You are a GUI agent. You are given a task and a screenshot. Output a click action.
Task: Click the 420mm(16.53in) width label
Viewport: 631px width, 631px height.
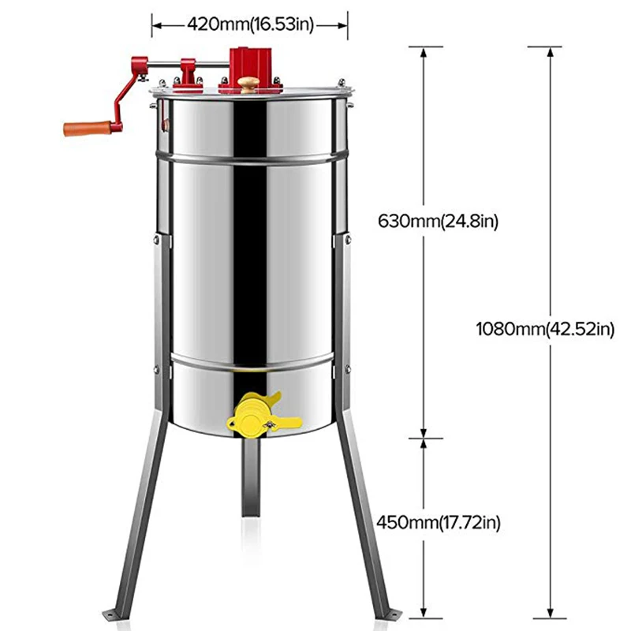250,24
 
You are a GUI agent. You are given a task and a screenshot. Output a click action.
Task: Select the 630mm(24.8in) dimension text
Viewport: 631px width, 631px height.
438,222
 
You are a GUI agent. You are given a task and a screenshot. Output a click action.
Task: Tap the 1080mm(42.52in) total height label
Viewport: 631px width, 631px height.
545,329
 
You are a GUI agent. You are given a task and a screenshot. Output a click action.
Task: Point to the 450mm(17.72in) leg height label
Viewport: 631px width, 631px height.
439,523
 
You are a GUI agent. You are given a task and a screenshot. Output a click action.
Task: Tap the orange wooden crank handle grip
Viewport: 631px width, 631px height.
88,129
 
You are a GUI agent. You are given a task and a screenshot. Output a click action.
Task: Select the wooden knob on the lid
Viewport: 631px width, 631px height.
248,85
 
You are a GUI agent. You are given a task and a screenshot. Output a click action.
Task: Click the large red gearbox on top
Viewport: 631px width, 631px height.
250,66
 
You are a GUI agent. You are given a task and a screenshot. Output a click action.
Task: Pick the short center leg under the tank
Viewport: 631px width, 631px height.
250,477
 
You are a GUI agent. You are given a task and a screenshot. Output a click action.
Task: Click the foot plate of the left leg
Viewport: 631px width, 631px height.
113,615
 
